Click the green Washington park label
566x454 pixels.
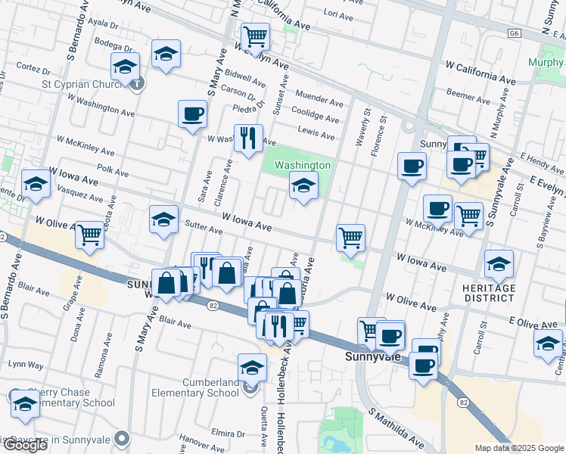302,165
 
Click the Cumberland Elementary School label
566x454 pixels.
195,387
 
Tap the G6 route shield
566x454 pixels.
515,33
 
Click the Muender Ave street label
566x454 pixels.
319,100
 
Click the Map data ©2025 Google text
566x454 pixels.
519,448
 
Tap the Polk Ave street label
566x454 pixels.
113,173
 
